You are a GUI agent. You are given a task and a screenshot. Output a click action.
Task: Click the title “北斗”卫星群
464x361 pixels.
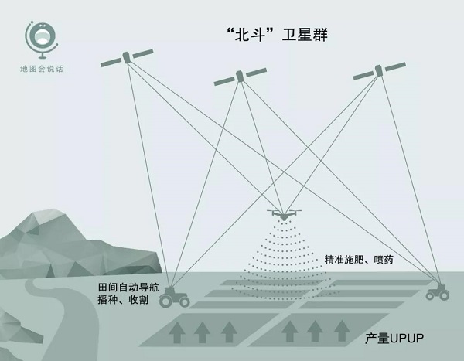[277, 35]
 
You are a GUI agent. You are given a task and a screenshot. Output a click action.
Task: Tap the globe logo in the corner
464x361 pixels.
[41, 39]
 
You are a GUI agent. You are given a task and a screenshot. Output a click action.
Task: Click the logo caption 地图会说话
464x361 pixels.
[42, 69]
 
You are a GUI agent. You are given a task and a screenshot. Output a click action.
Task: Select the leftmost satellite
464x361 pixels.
[127, 58]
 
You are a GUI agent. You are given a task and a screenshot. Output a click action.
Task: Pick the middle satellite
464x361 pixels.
[241, 77]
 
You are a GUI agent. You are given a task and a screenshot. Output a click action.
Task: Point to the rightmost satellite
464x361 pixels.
[379, 70]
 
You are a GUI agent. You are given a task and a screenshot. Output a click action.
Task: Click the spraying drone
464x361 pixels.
[284, 215]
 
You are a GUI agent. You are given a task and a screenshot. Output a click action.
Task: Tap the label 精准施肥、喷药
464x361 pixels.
[359, 260]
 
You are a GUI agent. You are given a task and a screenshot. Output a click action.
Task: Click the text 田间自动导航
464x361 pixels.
[128, 288]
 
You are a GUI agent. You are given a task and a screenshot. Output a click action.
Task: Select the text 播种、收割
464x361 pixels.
[123, 300]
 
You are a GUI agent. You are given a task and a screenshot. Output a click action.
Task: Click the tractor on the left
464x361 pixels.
[175, 297]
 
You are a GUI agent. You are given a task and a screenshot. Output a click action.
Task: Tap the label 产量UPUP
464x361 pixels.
[394, 339]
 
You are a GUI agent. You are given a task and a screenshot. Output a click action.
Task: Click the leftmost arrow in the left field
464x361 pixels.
[177, 332]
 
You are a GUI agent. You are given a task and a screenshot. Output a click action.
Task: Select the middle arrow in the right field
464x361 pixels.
[315, 331]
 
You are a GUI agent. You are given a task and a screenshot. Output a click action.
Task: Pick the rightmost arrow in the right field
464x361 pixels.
[342, 331]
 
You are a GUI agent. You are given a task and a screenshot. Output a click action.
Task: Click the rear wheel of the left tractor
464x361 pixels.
[166, 301]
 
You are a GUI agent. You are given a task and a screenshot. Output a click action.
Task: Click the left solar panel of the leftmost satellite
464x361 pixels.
[111, 63]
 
